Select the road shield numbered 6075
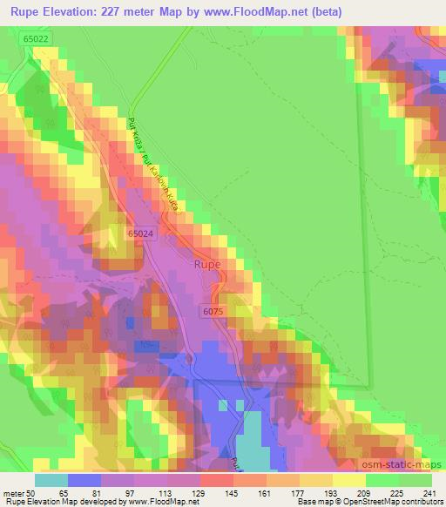click(x=214, y=310)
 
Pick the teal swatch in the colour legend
click(x=51, y=480)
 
